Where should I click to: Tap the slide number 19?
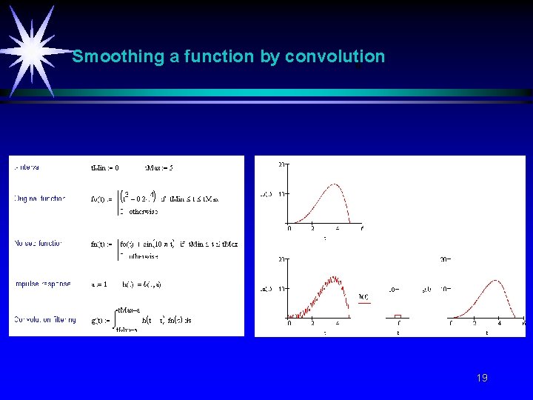(482, 379)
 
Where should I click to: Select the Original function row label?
(40, 199)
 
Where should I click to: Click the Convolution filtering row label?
(45, 319)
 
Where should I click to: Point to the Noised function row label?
(39, 243)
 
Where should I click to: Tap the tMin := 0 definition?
(104, 167)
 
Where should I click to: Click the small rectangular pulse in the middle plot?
(398, 316)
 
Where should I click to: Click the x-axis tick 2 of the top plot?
(313, 228)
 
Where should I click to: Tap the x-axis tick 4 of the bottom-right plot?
(499, 324)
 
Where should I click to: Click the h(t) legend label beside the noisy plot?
(363, 297)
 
